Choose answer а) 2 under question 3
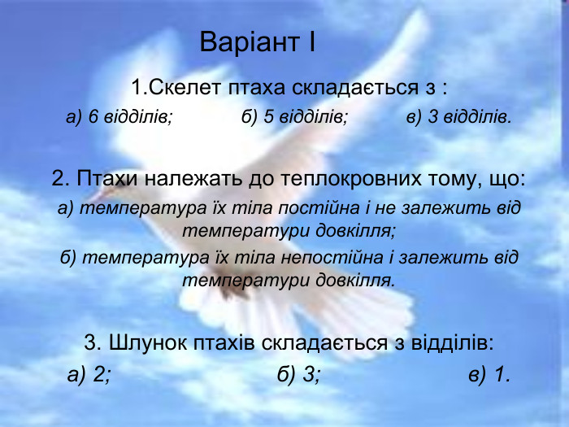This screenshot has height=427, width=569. [x=89, y=374]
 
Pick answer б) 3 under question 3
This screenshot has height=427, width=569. [x=298, y=374]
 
